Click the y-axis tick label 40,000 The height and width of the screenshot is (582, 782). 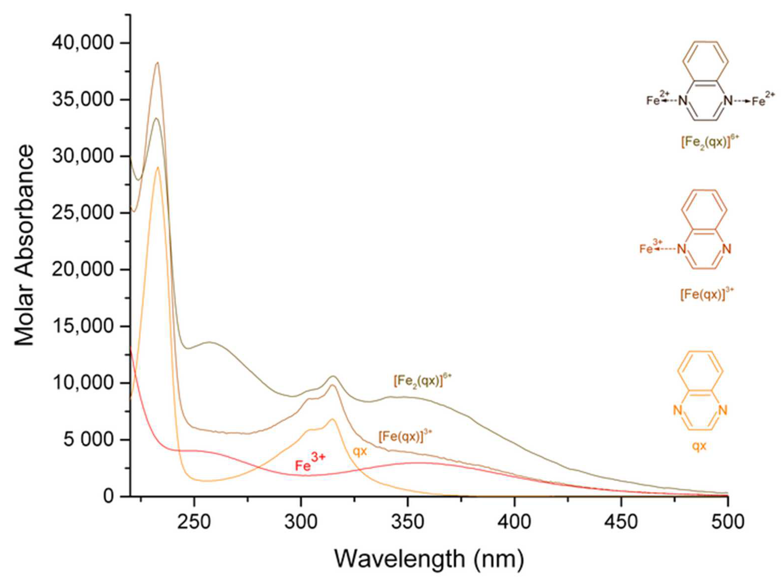(83, 43)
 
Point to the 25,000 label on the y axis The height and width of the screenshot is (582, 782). (83, 213)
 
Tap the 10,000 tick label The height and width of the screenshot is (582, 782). (83, 383)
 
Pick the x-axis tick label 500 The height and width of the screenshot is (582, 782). (727, 522)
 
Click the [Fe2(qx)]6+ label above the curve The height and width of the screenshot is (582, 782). (422, 381)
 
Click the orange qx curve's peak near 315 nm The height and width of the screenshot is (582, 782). (332, 419)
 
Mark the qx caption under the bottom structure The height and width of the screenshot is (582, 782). (699, 446)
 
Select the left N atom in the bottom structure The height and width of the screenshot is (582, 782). (677, 410)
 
